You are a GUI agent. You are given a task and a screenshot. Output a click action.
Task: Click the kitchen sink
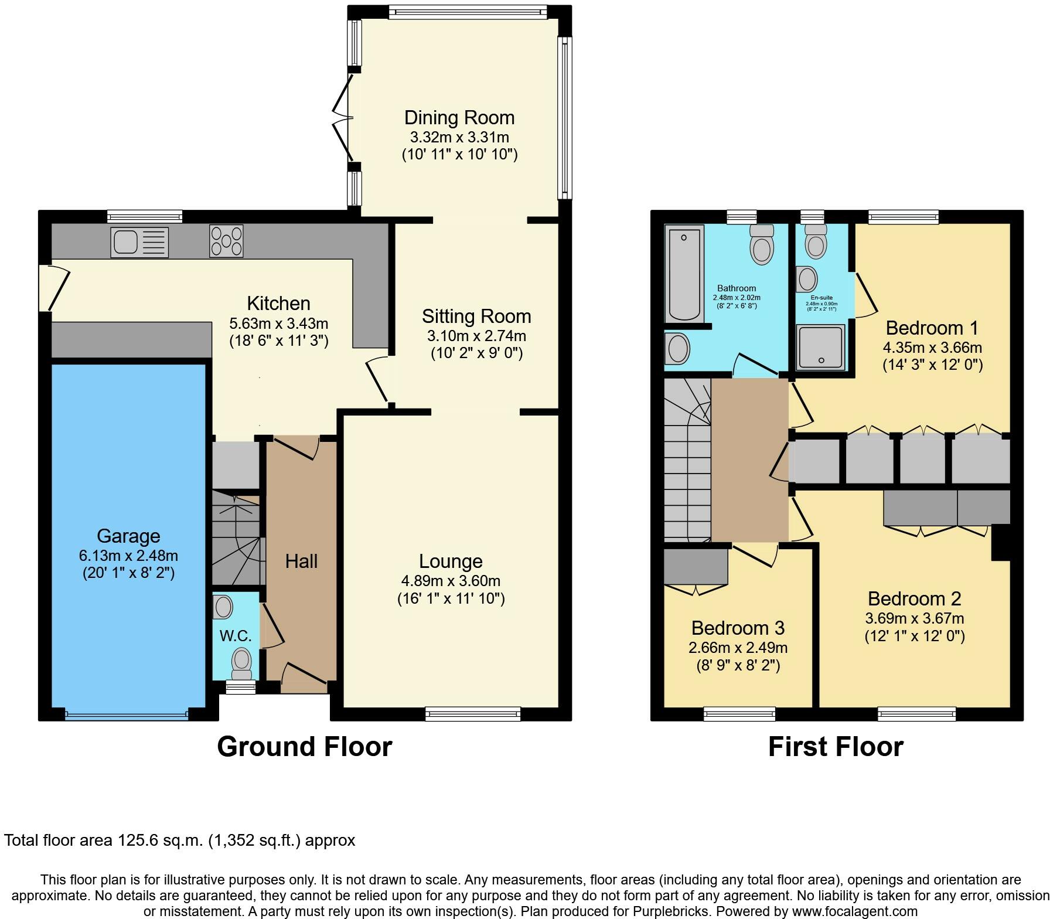coord(139,242)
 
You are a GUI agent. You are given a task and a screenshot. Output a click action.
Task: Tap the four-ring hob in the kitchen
coord(226,241)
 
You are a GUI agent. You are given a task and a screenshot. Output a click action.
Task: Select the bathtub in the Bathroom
coord(683,274)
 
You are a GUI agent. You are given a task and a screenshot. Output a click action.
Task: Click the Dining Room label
coord(459,117)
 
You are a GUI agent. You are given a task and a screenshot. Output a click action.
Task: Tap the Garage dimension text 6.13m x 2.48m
coord(128,555)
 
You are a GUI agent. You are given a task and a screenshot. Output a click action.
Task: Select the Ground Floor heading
coord(304,747)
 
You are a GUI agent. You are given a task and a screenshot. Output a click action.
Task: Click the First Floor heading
coord(836,747)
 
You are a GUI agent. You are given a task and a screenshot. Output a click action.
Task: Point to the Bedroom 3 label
coord(738,628)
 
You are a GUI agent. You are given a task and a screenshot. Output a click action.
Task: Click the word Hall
coord(301,561)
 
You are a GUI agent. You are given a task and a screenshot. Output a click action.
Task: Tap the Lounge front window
coord(473,713)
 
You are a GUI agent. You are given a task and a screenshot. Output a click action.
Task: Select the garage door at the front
coord(127,714)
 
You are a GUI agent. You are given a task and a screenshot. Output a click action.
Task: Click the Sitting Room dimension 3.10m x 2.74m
coord(476,336)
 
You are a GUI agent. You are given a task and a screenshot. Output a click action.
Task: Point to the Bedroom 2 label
coord(915,598)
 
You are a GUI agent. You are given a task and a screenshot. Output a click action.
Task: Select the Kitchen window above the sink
coord(145,217)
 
